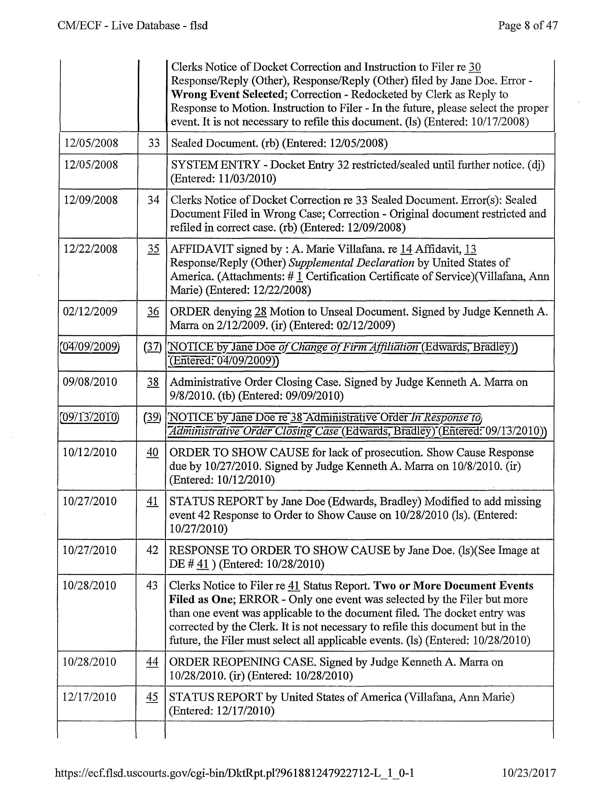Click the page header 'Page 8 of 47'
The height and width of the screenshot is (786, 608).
pos(527,25)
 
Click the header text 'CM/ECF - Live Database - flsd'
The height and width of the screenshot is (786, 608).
pos(133,25)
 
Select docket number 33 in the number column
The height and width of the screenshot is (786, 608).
pos(154,143)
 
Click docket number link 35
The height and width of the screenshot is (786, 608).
pos(154,249)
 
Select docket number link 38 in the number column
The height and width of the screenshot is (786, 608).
pos(153,382)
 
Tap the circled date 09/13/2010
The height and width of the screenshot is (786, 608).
pos(89,418)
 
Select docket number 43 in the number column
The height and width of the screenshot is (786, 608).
pos(152,585)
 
